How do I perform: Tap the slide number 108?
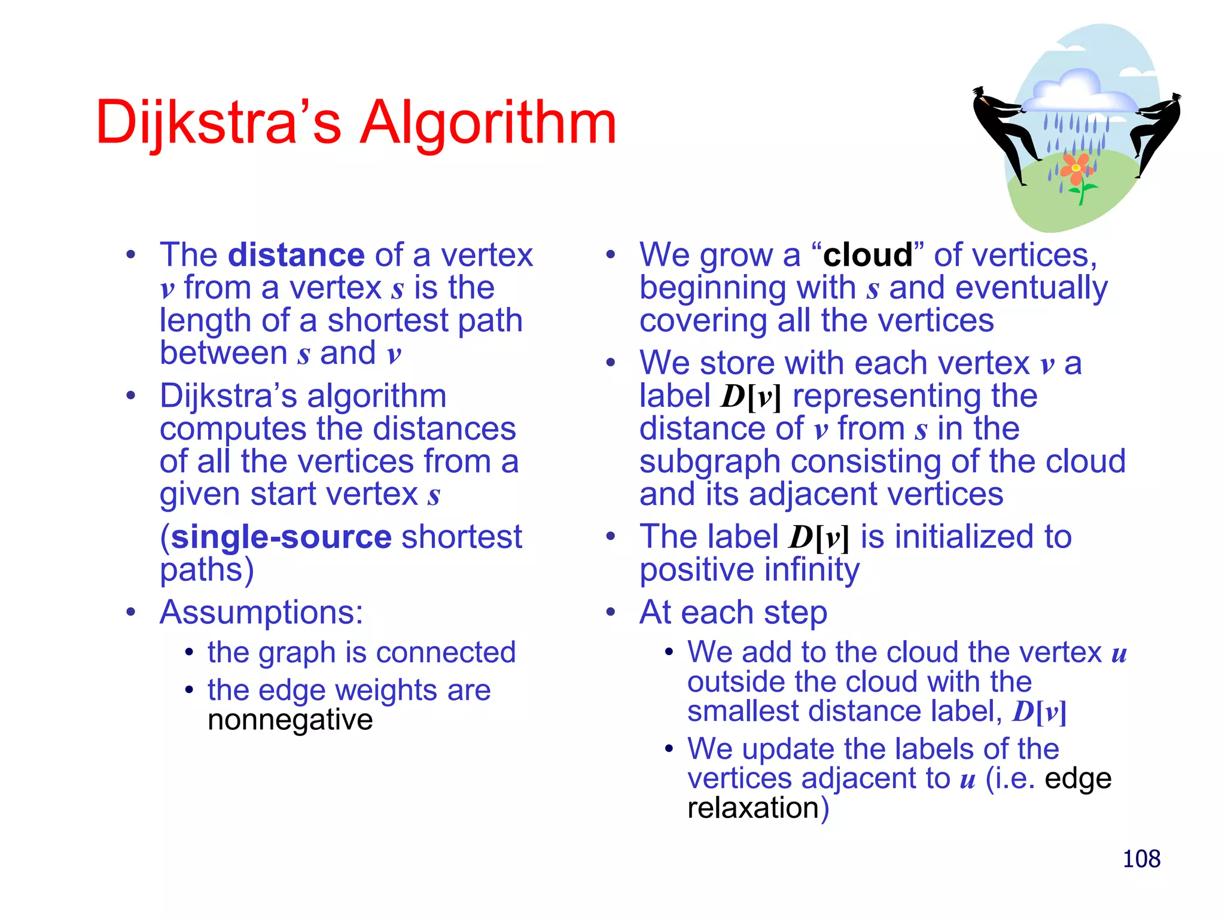(x=1141, y=859)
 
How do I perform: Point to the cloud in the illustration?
(x=1077, y=93)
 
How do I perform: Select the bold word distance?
(x=296, y=255)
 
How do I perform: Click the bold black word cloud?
(x=867, y=255)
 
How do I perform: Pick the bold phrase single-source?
(x=281, y=537)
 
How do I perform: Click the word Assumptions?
(x=261, y=612)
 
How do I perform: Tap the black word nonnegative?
(x=290, y=720)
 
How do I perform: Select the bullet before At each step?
(x=610, y=612)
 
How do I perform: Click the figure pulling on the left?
(x=1002, y=132)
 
